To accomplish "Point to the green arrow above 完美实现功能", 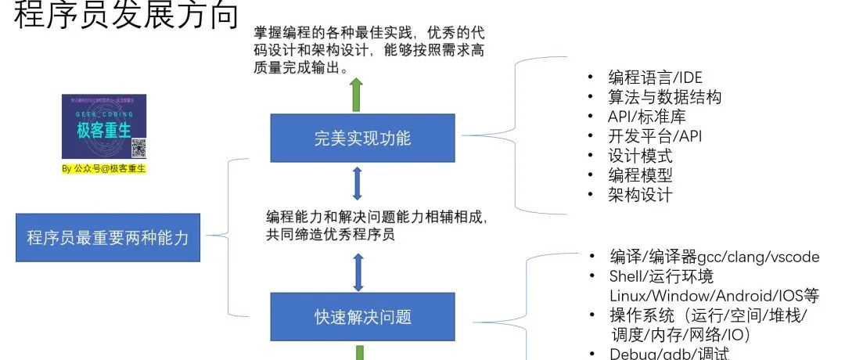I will tap(357, 94).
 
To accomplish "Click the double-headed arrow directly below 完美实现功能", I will tap(358, 183).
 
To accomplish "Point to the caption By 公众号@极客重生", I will tap(104, 167).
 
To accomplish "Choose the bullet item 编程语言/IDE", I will tap(655, 77).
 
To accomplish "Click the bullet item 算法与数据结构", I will tap(664, 97).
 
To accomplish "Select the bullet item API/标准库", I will tap(646, 117).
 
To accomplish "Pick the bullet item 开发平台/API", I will tap(655, 136).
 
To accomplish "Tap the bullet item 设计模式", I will tap(640, 156).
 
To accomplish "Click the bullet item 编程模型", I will tap(640, 175).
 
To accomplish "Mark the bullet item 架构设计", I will tap(640, 195).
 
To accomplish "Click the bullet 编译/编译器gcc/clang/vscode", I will tap(714, 257).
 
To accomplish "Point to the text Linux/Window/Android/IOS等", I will tap(714, 296).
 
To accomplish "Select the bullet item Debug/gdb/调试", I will tap(669, 354).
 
